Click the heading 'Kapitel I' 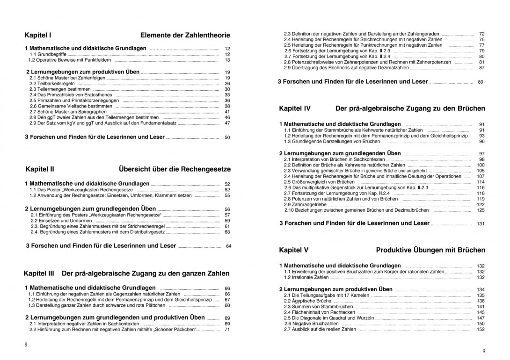[38, 35]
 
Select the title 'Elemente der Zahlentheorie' [185, 35]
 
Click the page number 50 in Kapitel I [227, 138]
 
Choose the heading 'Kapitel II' [40, 169]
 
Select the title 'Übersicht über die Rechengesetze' [175, 169]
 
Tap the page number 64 [229, 246]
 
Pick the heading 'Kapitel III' [39, 273]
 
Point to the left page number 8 [26, 345]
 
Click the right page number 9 [484, 351]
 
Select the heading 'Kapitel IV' [295, 108]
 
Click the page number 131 [481, 224]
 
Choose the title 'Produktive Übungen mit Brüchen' [430, 250]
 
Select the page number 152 [481, 330]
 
